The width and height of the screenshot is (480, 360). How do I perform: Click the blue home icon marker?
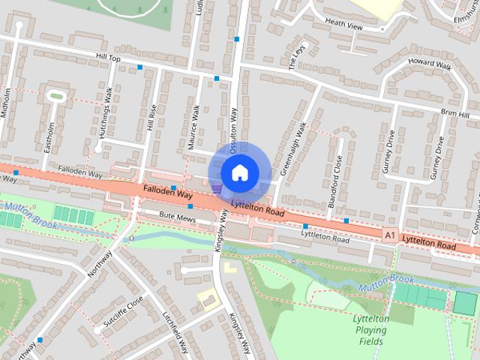point(239,172)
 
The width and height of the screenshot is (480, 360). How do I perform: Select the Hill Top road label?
point(108,57)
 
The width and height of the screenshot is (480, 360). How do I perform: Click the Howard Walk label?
point(430,65)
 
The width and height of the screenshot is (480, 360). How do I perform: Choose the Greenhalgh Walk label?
point(294,149)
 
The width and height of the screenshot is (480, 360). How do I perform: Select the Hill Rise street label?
point(151,118)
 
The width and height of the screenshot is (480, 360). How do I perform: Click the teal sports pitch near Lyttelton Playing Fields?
point(465,303)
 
